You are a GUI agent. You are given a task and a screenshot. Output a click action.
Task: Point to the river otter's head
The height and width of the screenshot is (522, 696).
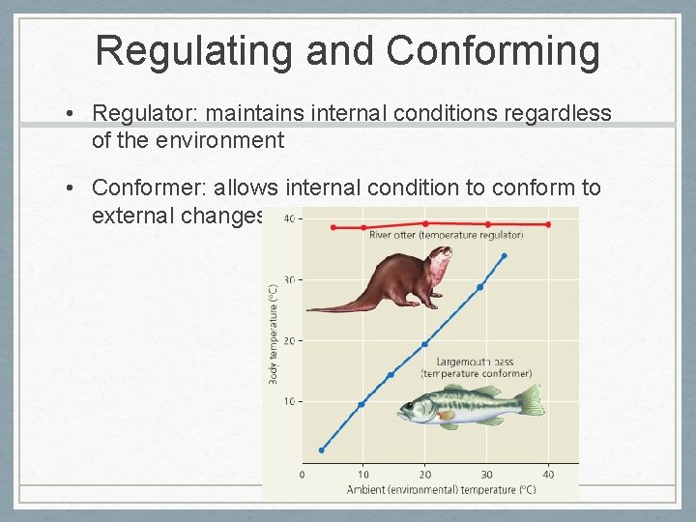pyautogui.click(x=438, y=261)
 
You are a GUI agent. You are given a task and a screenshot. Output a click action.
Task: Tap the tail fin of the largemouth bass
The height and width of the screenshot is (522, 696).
pyautogui.click(x=531, y=400)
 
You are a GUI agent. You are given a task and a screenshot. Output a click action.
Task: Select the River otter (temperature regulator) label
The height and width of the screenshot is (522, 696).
pyautogui.click(x=446, y=235)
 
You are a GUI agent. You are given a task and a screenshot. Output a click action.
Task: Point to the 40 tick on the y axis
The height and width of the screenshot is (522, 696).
pyautogui.click(x=290, y=218)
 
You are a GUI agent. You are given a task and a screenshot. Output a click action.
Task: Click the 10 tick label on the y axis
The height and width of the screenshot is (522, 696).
pyautogui.click(x=290, y=401)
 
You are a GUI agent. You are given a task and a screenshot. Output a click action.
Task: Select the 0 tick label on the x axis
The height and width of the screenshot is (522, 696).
pyautogui.click(x=303, y=474)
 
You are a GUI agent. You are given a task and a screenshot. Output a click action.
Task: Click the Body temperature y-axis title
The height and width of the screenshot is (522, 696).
pyautogui.click(x=274, y=333)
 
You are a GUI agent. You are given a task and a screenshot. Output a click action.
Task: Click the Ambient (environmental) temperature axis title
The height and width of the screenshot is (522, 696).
pyautogui.click(x=441, y=490)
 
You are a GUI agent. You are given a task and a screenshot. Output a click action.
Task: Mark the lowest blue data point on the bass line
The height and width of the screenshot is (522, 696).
pyautogui.click(x=322, y=449)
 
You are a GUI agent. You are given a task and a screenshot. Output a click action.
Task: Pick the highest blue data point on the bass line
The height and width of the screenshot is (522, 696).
pyautogui.click(x=504, y=256)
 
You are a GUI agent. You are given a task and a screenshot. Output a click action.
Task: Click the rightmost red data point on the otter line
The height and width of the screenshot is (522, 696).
pyautogui.click(x=548, y=224)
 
